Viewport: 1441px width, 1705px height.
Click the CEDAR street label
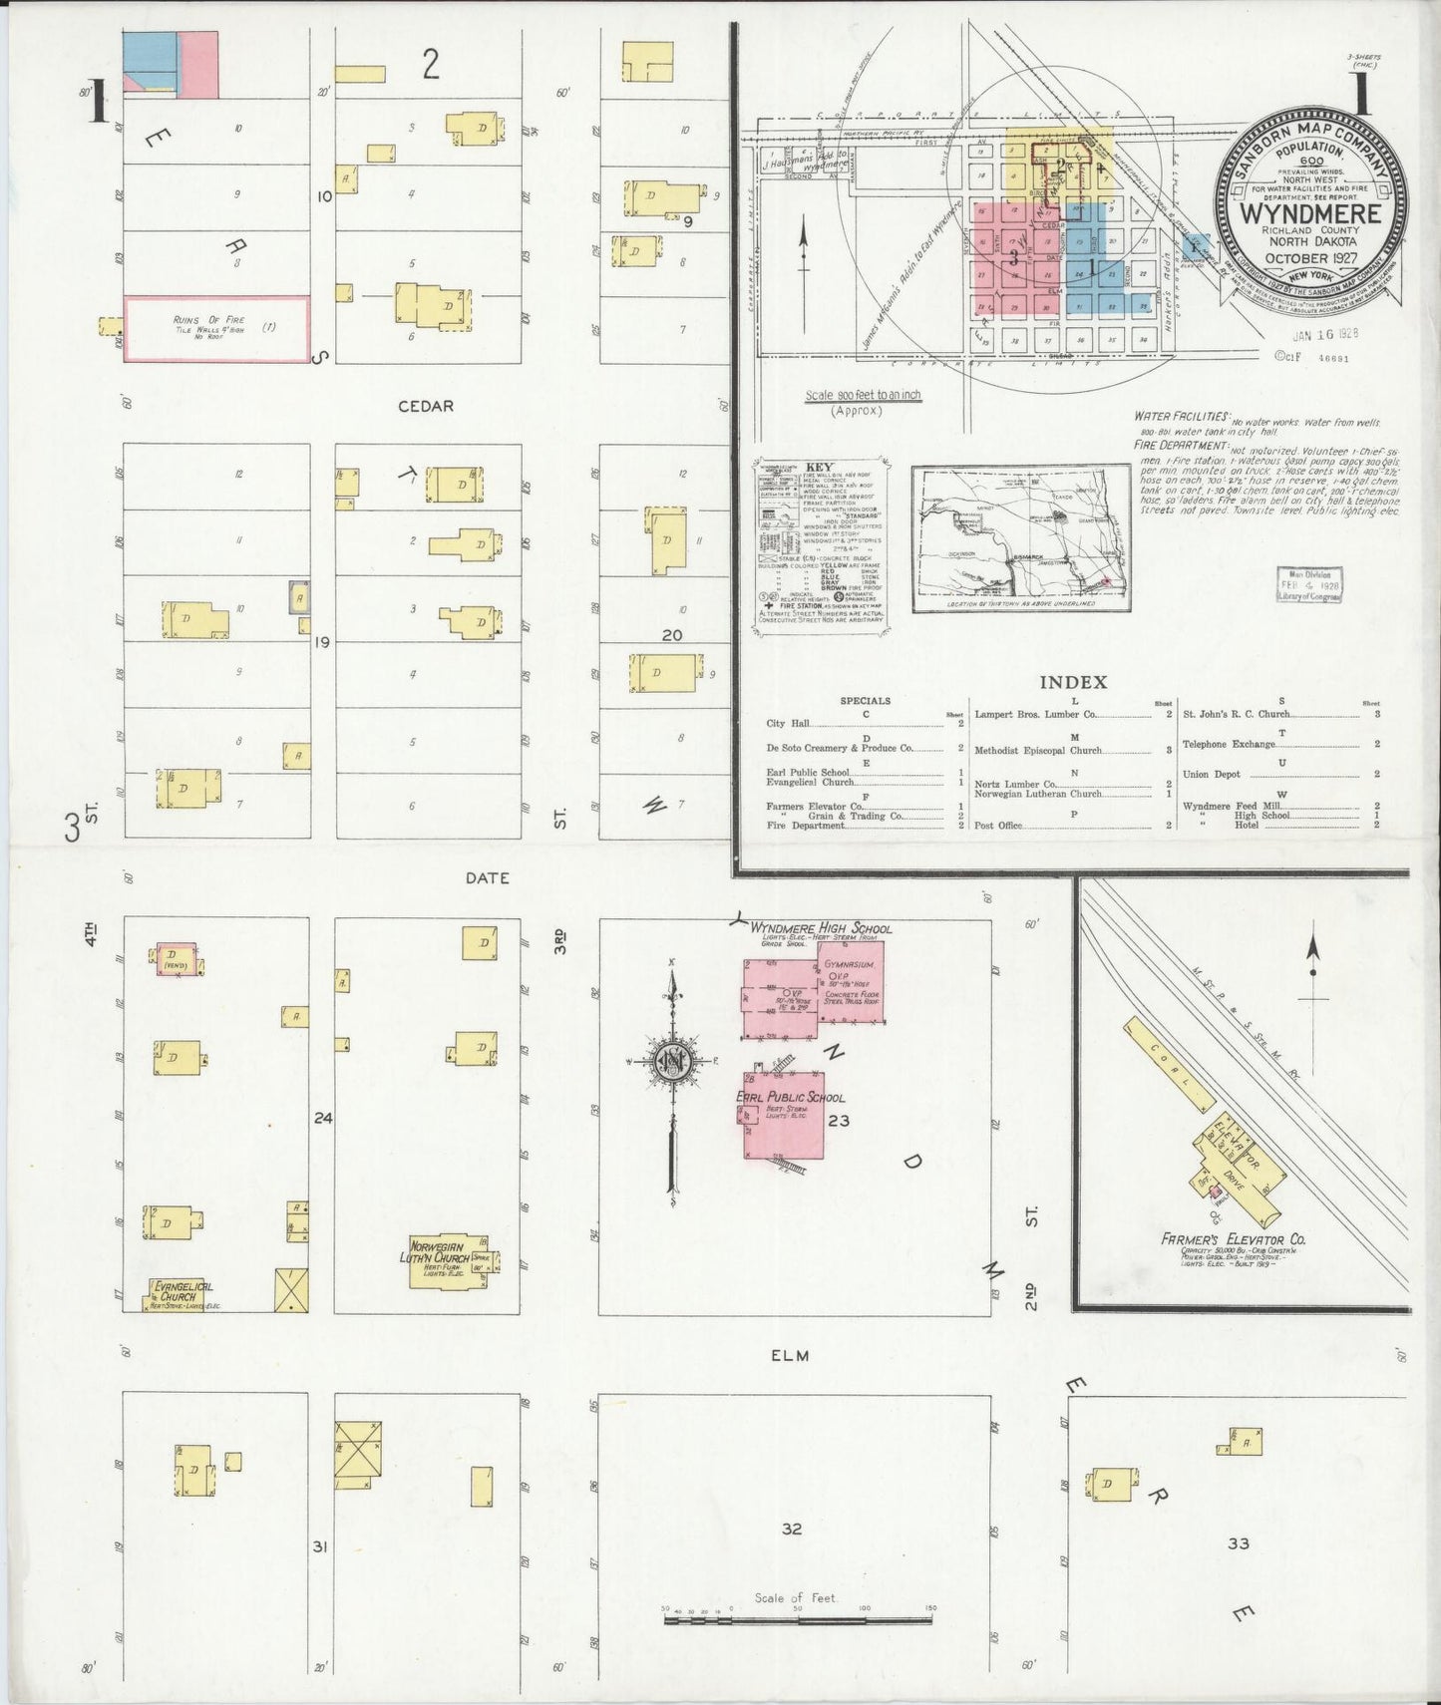tap(426, 407)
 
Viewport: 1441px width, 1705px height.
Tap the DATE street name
tap(487, 878)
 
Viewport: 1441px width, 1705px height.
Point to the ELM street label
tap(788, 1355)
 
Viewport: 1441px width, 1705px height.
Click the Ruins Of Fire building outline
tap(216, 328)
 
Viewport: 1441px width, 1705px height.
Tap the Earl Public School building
tap(784, 1114)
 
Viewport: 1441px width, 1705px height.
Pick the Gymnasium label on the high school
tap(850, 965)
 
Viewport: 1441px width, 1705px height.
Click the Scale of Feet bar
tap(798, 1620)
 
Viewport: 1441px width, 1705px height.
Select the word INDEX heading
tap(1073, 683)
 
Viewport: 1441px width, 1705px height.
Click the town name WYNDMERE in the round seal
tap(1310, 212)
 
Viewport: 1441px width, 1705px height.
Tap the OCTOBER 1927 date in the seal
tap(1310, 258)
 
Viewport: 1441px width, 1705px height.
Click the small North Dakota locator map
tap(1020, 538)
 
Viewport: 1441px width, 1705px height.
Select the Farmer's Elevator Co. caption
tap(1233, 1239)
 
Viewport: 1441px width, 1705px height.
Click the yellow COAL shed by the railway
tap(1170, 1064)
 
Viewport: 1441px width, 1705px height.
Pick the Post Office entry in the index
tap(998, 826)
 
